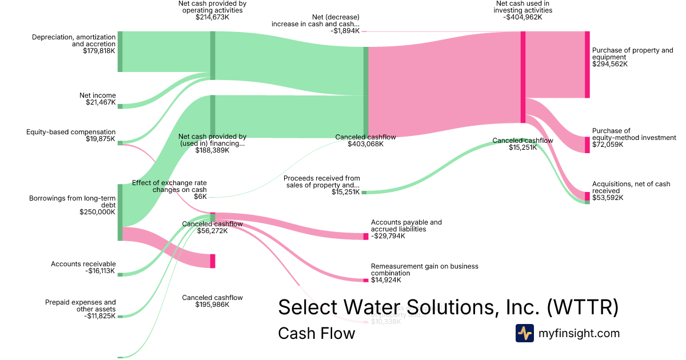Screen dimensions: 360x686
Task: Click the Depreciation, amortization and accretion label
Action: pyautogui.click(x=74, y=43)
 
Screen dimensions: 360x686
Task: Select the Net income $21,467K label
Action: pyautogui.click(x=98, y=99)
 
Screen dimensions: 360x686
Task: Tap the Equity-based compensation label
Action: pyautogui.click(x=71, y=135)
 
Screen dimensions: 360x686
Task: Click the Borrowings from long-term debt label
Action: pyautogui.click(x=73, y=205)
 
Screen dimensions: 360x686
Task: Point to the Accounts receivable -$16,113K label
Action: pyautogui.click(x=83, y=267)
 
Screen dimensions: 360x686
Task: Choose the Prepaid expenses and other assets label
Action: pyautogui.click(x=81, y=309)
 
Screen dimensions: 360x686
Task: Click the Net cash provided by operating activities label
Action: pyautogui.click(x=212, y=10)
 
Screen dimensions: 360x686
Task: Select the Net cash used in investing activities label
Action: pyautogui.click(x=523, y=10)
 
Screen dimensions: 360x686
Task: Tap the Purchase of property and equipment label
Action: pyautogui.click(x=632, y=57)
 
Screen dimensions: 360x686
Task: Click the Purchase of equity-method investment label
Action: pyautogui.click(x=633, y=138)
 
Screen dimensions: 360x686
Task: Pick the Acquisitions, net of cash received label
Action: pyautogui.click(x=631, y=191)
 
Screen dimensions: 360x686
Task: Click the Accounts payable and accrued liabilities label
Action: pyautogui.click(x=406, y=229)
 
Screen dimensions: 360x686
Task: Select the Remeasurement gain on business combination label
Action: pyautogui.click(x=424, y=273)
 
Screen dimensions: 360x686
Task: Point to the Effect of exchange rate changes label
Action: pyautogui.click(x=169, y=189)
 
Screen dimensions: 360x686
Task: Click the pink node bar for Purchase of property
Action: pyautogui.click(x=587, y=65)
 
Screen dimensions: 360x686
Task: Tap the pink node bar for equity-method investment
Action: pyautogui.click(x=587, y=145)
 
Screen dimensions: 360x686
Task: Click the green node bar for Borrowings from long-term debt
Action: pyautogui.click(x=120, y=212)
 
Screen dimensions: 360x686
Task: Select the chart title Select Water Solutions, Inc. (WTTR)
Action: pyautogui.click(x=448, y=307)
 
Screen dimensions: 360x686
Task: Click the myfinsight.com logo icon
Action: pyautogui.click(x=524, y=333)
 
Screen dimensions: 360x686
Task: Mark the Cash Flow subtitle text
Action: pyautogui.click(x=316, y=333)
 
